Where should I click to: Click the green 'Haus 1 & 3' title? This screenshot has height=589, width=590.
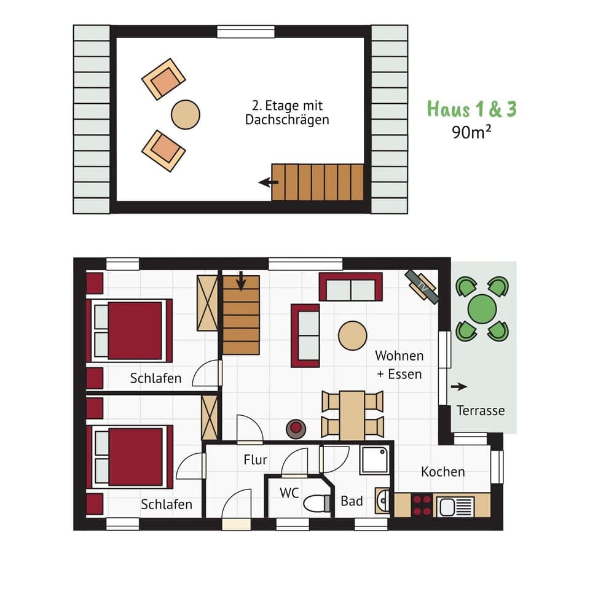tap(471, 109)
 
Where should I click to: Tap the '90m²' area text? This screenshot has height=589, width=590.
tap(471, 132)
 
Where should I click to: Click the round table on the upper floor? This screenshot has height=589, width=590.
tap(185, 114)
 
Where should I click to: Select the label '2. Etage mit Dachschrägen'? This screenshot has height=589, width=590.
tap(287, 113)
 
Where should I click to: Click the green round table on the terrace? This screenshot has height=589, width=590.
tap(482, 308)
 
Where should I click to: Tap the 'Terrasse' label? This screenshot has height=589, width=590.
tap(481, 410)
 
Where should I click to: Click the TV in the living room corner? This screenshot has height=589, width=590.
tap(422, 287)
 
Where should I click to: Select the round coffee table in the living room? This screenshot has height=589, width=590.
tap(353, 336)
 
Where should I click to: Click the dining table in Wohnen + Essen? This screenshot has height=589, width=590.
tap(352, 415)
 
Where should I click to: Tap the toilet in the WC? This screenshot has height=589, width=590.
tap(317, 503)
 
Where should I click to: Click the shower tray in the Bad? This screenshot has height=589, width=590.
tap(374, 459)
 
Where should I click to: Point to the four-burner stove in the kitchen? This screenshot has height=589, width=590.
tap(422, 505)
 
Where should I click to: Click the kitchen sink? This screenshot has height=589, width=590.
tap(455, 507)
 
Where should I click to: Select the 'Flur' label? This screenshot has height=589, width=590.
tap(255, 459)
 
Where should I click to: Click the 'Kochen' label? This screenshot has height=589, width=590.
tap(442, 472)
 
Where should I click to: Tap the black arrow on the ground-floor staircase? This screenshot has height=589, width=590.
tap(241, 282)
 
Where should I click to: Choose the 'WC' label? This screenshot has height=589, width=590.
tap(289, 493)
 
